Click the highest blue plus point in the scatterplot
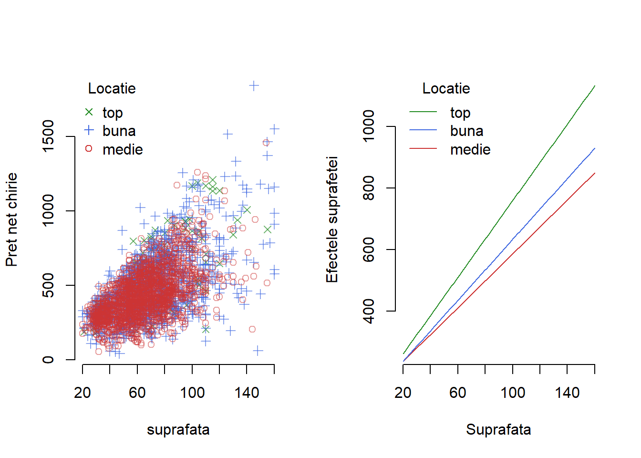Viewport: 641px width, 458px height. [254, 86]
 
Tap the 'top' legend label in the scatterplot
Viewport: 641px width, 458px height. [113, 113]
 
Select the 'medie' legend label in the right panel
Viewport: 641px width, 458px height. [470, 149]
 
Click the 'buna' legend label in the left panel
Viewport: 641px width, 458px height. [119, 131]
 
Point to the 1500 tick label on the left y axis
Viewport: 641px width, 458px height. [48, 136]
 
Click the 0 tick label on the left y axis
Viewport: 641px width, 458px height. [48, 359]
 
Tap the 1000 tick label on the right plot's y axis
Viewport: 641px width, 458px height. [369, 126]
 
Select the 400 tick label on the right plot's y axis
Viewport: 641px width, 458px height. [369, 311]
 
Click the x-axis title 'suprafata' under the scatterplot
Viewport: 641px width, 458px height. [178, 429]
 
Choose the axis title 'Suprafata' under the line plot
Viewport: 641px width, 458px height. [498, 429]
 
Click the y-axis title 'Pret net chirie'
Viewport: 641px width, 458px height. [11, 219]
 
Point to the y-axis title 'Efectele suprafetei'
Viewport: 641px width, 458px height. [332, 219]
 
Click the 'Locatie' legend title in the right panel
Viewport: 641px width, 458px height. [446, 88]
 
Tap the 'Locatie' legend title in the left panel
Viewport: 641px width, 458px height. [112, 88]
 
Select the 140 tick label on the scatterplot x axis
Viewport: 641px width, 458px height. [247, 393]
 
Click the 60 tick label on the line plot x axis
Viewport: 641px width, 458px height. [458, 393]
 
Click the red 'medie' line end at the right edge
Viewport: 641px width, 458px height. [594, 174]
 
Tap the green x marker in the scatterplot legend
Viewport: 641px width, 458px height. [89, 112]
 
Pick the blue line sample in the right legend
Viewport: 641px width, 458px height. [423, 130]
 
